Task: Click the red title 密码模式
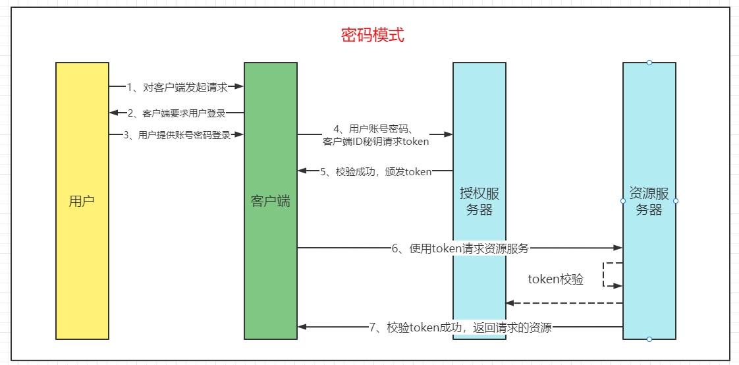(x=372, y=35)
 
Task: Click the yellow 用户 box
(x=82, y=201)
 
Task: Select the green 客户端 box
(x=270, y=201)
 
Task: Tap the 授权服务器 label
(x=479, y=202)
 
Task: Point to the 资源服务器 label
(x=649, y=202)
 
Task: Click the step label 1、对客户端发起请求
(x=177, y=86)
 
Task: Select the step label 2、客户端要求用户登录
(x=177, y=113)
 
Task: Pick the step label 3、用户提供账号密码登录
(x=177, y=135)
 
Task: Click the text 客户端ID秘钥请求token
(x=375, y=141)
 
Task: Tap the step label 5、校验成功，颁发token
(x=375, y=171)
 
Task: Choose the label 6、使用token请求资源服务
(x=460, y=248)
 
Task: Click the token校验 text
(x=555, y=279)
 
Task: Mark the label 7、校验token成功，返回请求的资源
(x=460, y=327)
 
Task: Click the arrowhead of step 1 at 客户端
(x=240, y=86)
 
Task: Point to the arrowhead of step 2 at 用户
(x=113, y=113)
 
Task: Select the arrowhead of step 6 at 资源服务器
(x=618, y=248)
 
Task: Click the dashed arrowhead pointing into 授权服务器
(x=510, y=303)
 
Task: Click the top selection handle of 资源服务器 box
(x=649, y=63)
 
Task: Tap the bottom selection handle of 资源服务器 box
(x=649, y=339)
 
